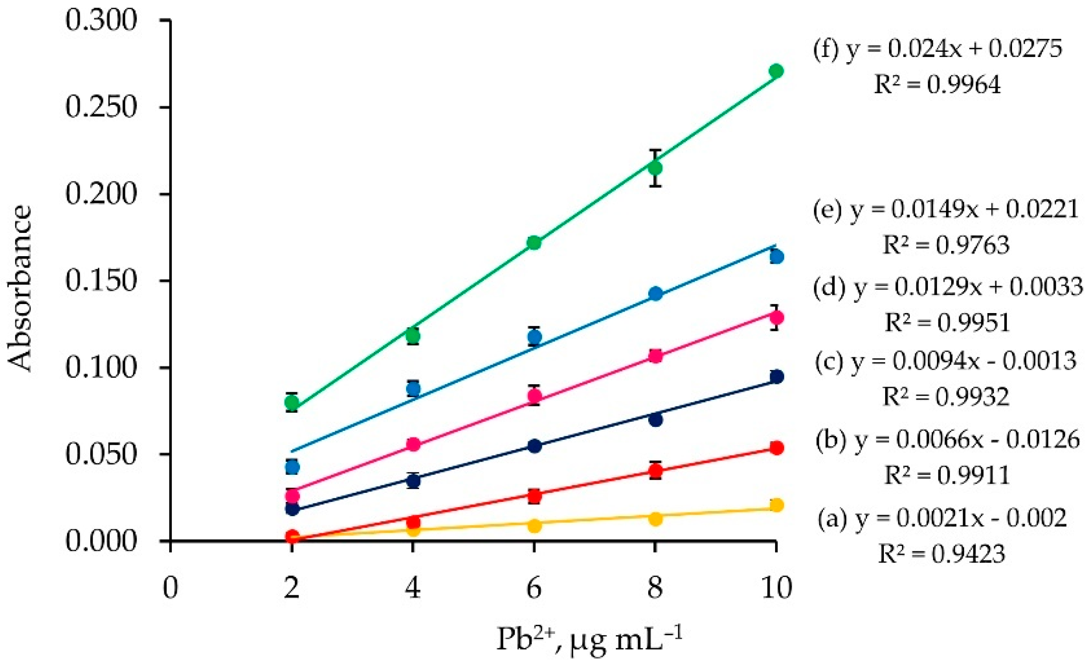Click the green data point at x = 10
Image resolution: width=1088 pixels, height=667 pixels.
(x=776, y=71)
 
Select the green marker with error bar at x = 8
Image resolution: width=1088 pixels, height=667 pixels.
(x=655, y=168)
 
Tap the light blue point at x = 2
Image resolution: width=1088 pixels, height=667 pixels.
(x=292, y=467)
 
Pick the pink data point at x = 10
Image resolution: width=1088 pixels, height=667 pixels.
(x=776, y=317)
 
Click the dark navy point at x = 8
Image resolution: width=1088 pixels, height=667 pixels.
(x=655, y=419)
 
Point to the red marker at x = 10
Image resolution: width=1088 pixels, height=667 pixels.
(x=776, y=448)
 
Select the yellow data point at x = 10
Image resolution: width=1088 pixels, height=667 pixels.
(x=776, y=505)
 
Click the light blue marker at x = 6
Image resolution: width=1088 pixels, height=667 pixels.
(x=534, y=337)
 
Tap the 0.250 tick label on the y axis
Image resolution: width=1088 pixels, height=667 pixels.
(x=101, y=107)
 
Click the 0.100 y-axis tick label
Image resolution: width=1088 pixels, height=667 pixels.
(x=101, y=368)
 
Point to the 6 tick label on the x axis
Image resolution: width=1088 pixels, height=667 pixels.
(x=534, y=588)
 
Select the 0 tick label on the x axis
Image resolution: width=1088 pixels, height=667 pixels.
(x=170, y=588)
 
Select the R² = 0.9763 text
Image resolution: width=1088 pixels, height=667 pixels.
(x=946, y=245)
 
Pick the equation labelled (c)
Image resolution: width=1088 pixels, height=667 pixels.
(x=946, y=362)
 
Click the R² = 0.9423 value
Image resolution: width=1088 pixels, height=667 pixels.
(x=942, y=554)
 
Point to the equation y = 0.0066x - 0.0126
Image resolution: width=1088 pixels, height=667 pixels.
(x=947, y=440)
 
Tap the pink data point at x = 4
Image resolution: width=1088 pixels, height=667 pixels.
(x=413, y=445)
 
